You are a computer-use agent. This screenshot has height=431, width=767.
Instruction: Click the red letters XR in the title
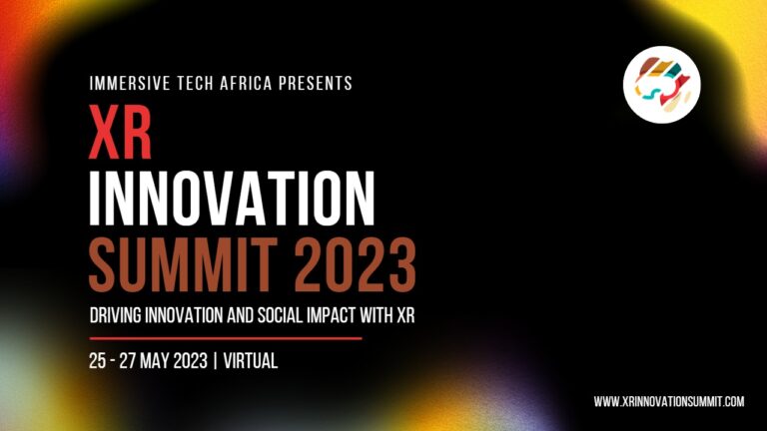[120, 132]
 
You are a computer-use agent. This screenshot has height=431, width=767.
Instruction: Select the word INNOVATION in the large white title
[232, 199]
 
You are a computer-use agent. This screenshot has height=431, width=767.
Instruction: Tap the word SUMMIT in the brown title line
[183, 264]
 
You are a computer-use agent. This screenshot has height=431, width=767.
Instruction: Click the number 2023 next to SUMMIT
[355, 264]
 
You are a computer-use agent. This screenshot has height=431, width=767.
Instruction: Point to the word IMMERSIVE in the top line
[130, 83]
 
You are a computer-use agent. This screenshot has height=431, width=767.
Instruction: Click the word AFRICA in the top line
[246, 83]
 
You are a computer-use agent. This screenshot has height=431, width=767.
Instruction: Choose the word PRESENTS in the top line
[316, 83]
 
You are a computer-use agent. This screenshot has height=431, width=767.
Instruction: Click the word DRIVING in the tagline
[116, 315]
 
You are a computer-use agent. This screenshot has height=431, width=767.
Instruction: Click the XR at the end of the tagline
[405, 315]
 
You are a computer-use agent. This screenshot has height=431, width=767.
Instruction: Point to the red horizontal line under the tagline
[226, 338]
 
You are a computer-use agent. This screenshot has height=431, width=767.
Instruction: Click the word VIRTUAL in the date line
[251, 361]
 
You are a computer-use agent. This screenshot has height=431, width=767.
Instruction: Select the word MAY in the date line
[155, 361]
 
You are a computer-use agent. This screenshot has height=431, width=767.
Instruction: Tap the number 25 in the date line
[97, 361]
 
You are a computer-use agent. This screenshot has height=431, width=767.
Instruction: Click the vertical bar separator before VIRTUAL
[215, 361]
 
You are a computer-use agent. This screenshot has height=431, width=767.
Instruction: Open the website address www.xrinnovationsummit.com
[669, 402]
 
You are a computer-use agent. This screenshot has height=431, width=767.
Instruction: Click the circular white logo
[662, 84]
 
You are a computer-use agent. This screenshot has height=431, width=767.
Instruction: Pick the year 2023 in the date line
[191, 361]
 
